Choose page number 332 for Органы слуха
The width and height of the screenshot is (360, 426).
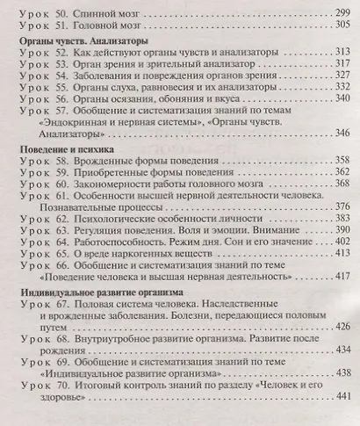[x=337, y=90]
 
